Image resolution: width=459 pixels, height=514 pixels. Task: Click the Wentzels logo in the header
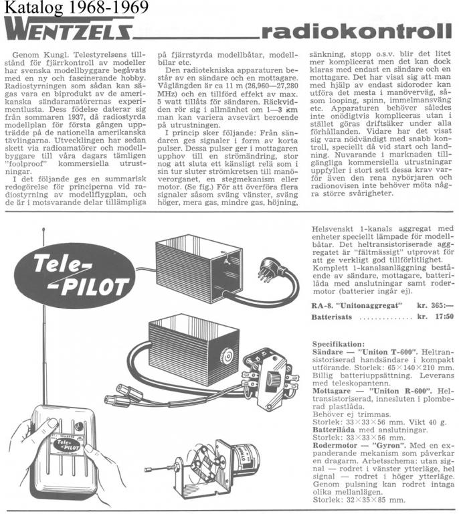coord(67,30)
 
